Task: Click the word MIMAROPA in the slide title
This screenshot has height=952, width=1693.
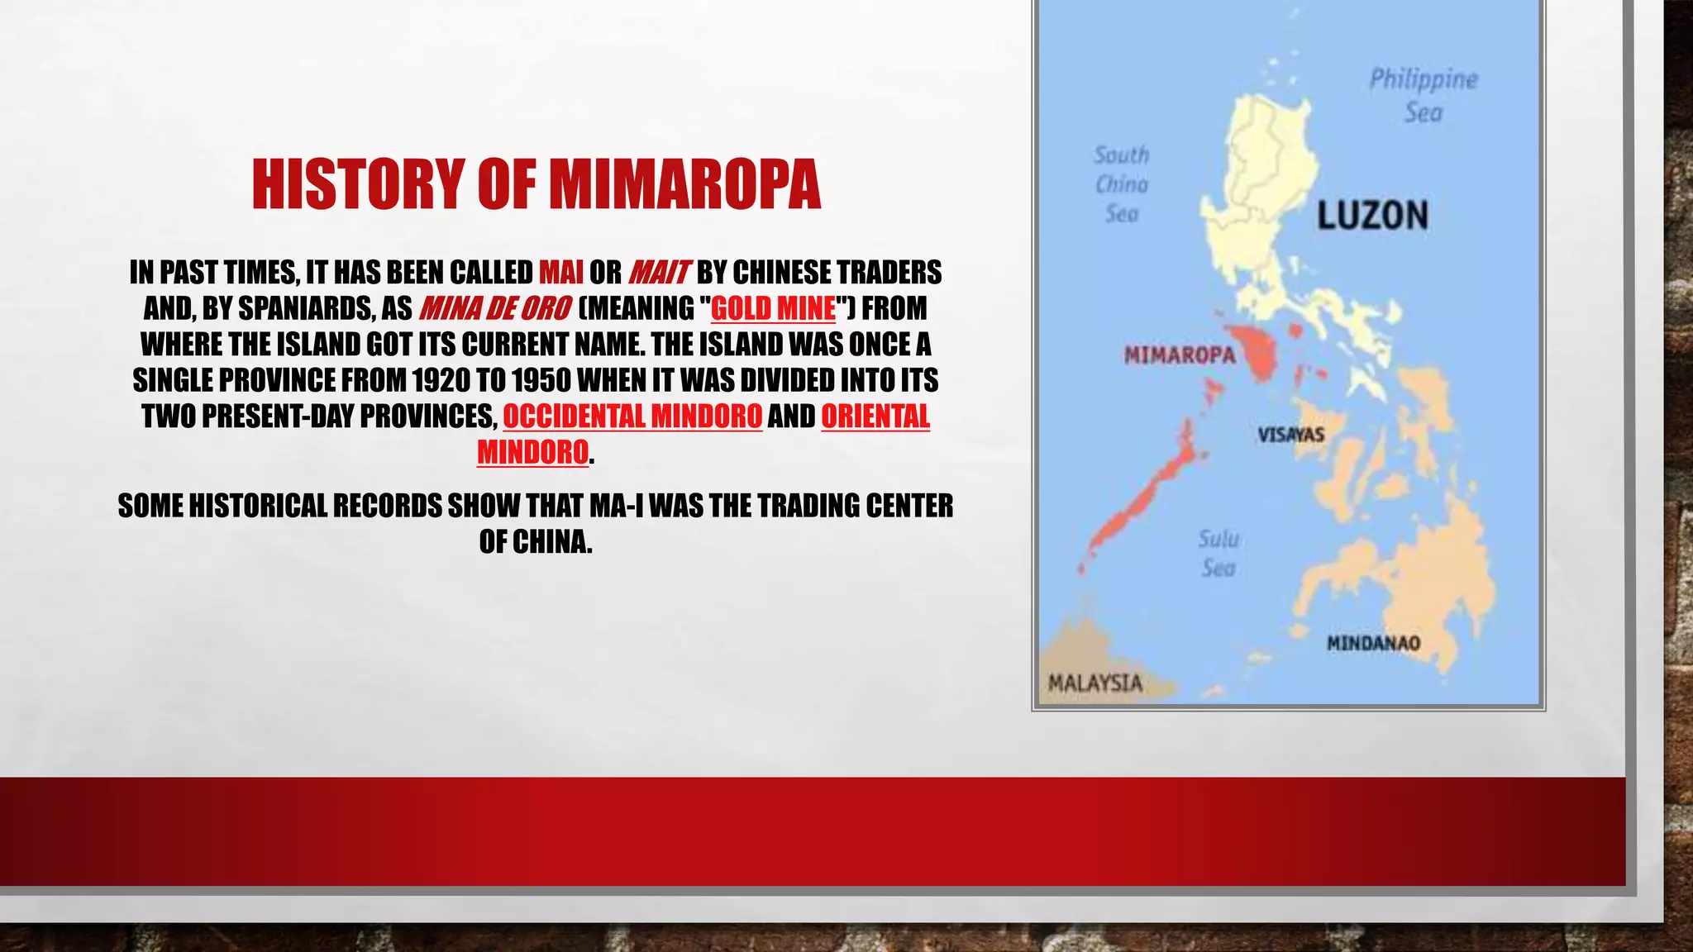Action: [684, 183]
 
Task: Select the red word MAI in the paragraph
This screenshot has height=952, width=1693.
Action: [560, 272]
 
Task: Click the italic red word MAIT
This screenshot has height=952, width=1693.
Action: [659, 272]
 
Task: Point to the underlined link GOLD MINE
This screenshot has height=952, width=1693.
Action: [773, 308]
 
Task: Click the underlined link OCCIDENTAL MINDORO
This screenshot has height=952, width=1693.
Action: [632, 416]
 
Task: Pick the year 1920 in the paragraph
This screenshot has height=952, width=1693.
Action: [441, 380]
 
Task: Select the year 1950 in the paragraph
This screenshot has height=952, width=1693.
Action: [541, 380]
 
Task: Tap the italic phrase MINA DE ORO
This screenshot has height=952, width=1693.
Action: [494, 308]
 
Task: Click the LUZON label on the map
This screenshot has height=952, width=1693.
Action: [1372, 216]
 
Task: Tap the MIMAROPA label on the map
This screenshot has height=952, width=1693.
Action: [1180, 355]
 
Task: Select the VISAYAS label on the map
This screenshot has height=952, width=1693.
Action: [1290, 435]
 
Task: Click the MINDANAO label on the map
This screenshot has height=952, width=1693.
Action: [1373, 643]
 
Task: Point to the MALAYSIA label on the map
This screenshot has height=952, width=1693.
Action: [1094, 683]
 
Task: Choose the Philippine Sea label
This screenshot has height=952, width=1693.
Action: [1424, 95]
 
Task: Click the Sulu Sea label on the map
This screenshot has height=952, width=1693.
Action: [1218, 554]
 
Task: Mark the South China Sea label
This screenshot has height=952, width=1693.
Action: [1122, 184]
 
